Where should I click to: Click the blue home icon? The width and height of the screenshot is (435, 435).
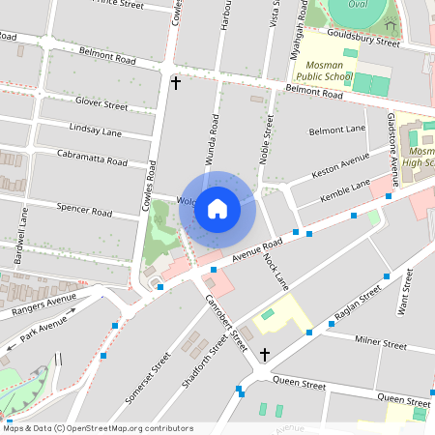[x=217, y=209]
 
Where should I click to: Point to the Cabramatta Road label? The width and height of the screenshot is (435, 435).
[x=93, y=159]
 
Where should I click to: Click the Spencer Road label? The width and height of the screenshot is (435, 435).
[x=85, y=209]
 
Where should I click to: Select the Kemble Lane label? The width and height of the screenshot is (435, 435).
[x=345, y=190]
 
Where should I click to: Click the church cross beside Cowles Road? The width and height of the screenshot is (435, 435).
[x=175, y=83]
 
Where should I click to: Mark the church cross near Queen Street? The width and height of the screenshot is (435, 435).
[x=264, y=355]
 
